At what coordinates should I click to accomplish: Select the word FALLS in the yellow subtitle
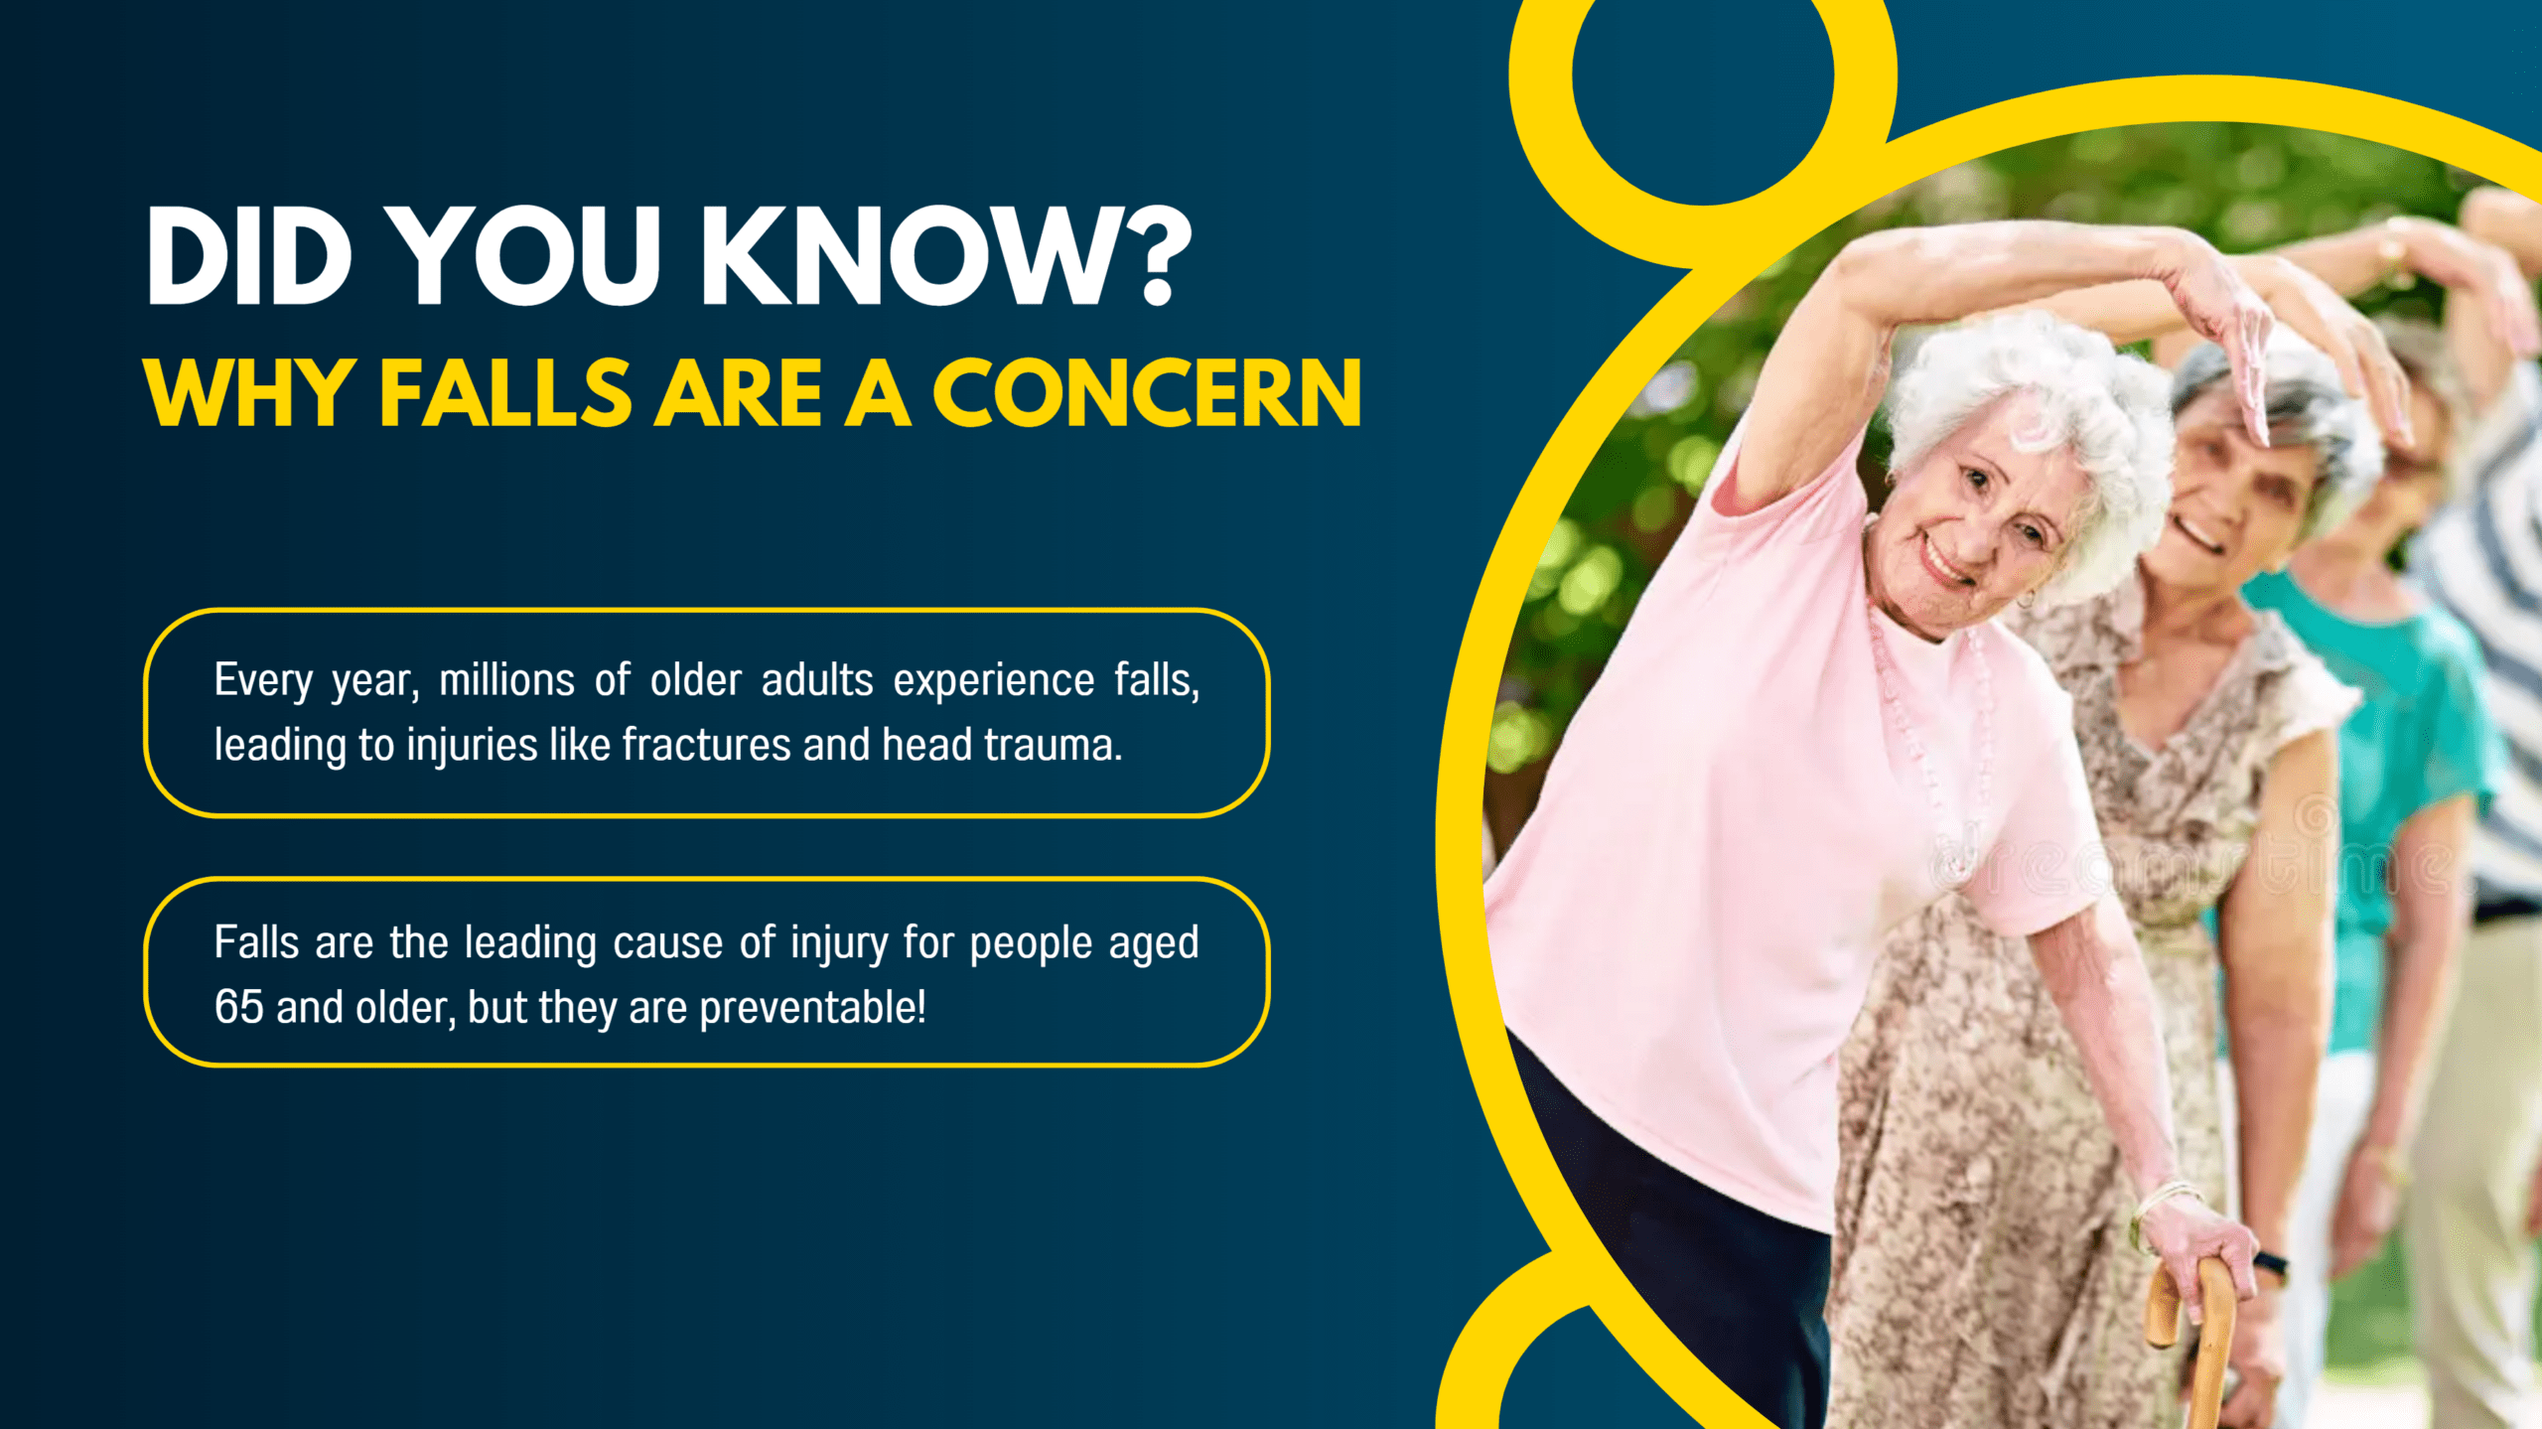[x=505, y=394]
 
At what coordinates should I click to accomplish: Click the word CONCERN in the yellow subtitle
[x=1147, y=394]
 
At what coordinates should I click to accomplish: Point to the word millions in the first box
[x=506, y=681]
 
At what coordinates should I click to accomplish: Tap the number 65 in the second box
[x=238, y=1008]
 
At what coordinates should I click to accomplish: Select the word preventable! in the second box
[x=812, y=1008]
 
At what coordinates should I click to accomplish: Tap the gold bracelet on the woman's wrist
[x=2160, y=1207]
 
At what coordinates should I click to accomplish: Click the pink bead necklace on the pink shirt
[x=1926, y=755]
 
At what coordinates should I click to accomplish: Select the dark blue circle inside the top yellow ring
[x=1702, y=79]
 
